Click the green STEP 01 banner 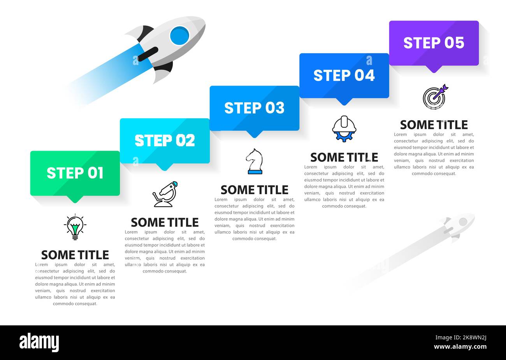click(75, 173)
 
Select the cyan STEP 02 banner click(165, 140)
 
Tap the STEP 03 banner click(254, 108)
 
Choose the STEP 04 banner click(344, 76)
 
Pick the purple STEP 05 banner click(434, 43)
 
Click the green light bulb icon click(75, 227)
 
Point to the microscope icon click(165, 194)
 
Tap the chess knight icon click(254, 161)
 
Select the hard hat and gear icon click(344, 128)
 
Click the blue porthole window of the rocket click(179, 35)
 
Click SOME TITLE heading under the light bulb click(75, 255)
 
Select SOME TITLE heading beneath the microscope click(165, 222)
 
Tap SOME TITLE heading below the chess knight click(255, 190)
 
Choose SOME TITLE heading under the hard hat click(344, 157)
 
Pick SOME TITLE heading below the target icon click(434, 125)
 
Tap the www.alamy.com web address click(460, 347)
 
